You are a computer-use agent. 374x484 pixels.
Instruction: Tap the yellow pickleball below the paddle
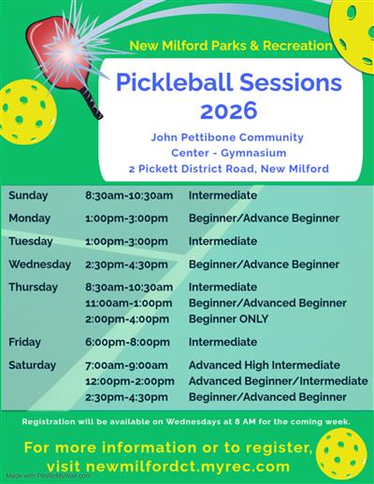[25, 107]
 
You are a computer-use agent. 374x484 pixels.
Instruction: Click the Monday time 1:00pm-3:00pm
[126, 218]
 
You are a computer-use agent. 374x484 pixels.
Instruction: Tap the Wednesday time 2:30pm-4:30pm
[126, 264]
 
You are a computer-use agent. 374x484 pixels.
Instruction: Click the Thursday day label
[34, 287]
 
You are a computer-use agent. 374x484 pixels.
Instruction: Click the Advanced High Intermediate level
[264, 365]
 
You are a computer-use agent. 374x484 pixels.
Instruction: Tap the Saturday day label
[34, 365]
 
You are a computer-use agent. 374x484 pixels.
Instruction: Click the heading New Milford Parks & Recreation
[231, 45]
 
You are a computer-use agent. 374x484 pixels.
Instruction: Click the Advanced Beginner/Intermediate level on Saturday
[278, 381]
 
